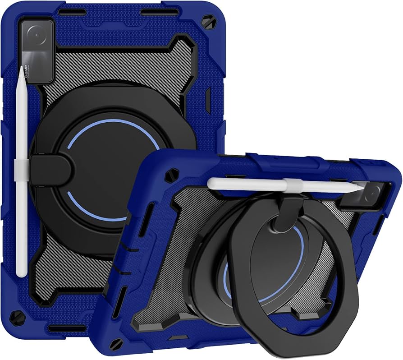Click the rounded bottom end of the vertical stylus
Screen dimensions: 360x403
coord(21,273)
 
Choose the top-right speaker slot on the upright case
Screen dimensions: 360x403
coord(158,12)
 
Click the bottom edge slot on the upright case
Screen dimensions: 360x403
coord(68,328)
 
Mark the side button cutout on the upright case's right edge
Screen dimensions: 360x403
coord(208,100)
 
